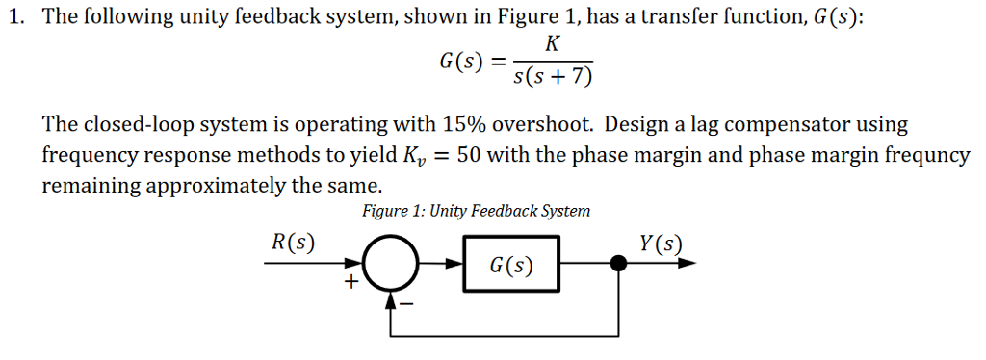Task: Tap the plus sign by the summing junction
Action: (351, 282)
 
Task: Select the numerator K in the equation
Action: (552, 44)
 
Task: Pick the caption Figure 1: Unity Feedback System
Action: (476, 211)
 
